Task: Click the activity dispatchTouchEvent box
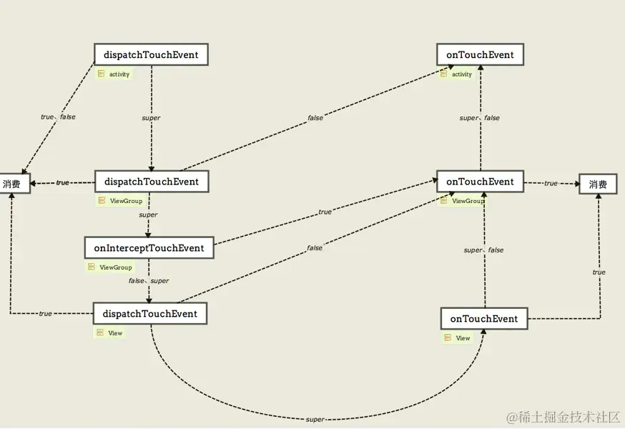coord(151,55)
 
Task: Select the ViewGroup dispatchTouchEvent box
coord(151,182)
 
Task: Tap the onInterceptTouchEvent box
coord(149,248)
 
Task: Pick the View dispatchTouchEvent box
coord(150,314)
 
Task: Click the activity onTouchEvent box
coord(480,55)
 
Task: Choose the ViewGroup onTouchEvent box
coord(480,182)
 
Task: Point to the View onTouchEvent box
coord(484,318)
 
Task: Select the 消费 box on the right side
coord(598,184)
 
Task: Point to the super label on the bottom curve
coord(315,420)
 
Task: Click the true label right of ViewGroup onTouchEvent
coord(551,184)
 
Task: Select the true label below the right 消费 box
coord(599,272)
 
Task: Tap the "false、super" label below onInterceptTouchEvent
coord(149,281)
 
